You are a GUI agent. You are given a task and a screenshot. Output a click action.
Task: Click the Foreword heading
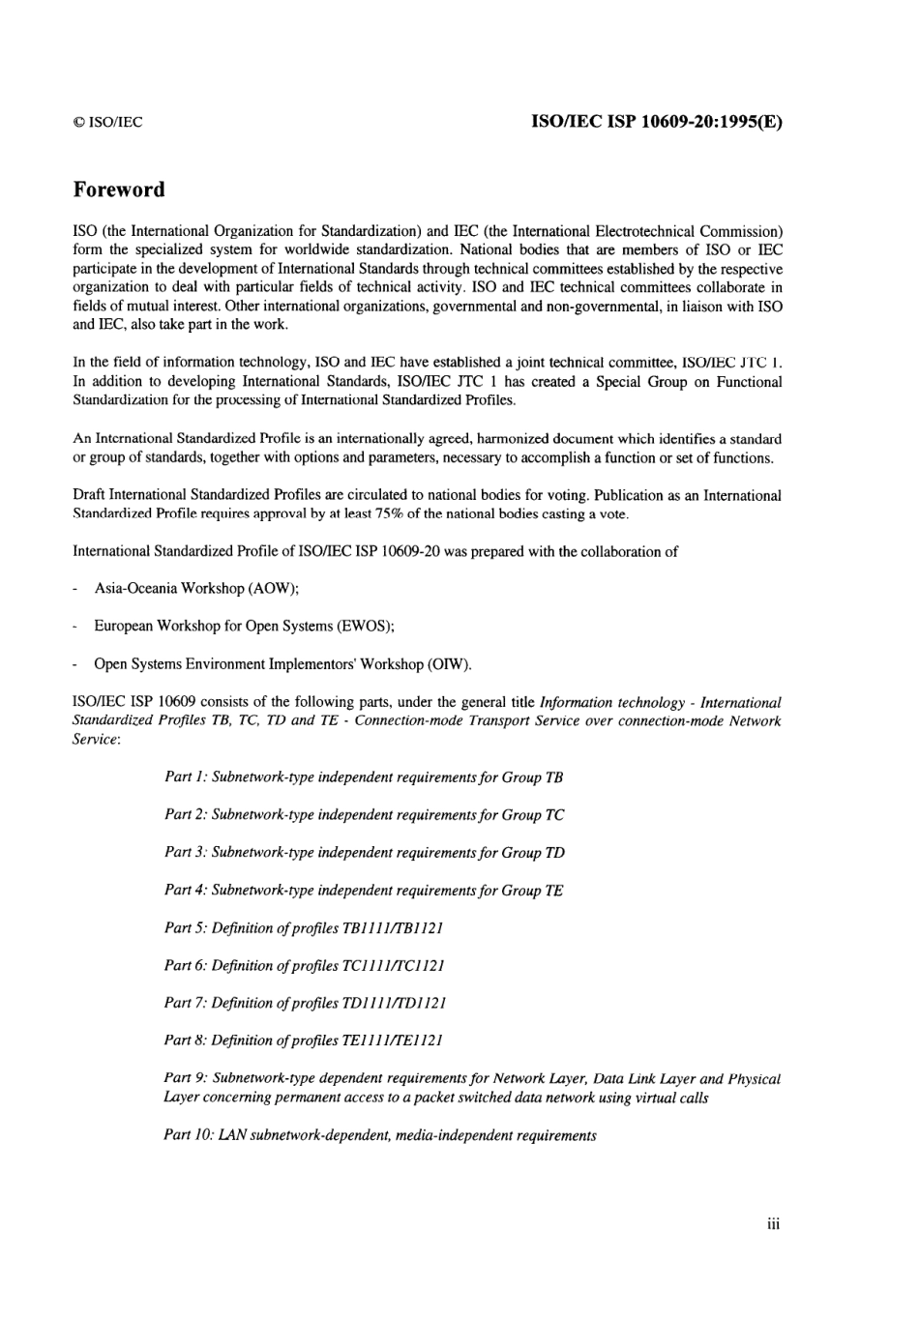[x=118, y=190]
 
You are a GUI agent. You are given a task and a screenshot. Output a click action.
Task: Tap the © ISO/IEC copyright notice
[x=107, y=122]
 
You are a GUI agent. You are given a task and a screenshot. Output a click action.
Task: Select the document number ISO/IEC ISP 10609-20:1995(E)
[x=657, y=122]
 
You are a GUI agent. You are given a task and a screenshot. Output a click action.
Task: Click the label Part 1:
[x=186, y=777]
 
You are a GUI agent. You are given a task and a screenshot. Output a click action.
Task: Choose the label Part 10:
[x=190, y=1135]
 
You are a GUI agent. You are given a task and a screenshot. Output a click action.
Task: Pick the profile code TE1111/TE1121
[x=392, y=1041]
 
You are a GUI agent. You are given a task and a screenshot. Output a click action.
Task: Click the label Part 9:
[x=186, y=1079]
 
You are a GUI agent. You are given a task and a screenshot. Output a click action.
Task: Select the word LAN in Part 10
[x=232, y=1135]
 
